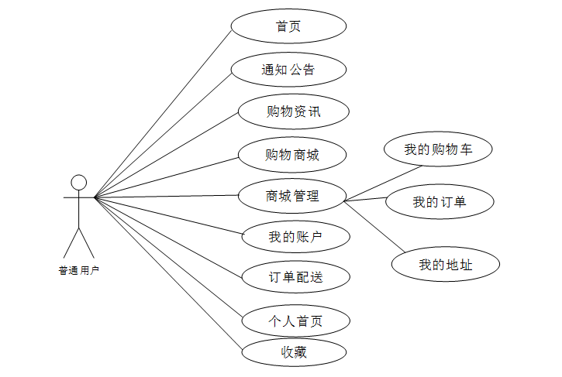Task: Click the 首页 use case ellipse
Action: click(288, 26)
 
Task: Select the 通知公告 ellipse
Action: click(288, 70)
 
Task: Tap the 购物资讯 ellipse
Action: click(293, 112)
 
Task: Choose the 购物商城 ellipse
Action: click(292, 155)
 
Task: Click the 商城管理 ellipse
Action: click(291, 197)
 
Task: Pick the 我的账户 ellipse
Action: click(295, 237)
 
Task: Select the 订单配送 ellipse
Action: click(295, 277)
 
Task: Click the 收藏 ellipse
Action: click(294, 352)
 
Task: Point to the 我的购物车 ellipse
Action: click(438, 149)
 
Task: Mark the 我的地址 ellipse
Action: click(445, 265)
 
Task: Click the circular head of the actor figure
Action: click(78, 183)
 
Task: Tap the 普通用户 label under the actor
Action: click(79, 271)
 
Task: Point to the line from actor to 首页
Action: click(163, 114)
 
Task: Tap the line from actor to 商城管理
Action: click(165, 197)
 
